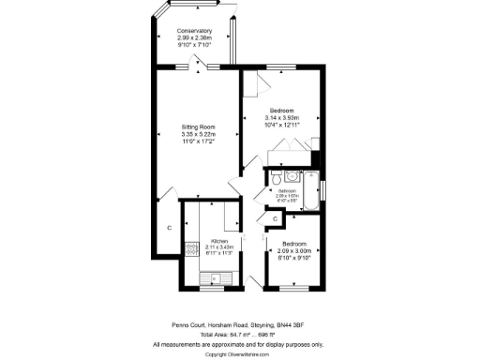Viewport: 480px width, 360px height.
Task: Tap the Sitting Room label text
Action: coord(198,127)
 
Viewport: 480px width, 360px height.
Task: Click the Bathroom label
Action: coord(287,191)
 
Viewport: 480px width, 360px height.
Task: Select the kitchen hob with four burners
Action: coord(191,249)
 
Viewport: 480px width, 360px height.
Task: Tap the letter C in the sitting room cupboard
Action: coord(169,228)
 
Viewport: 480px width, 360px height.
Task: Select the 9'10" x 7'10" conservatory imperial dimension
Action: coord(194,44)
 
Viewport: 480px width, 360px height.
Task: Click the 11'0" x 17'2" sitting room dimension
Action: coord(198,141)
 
